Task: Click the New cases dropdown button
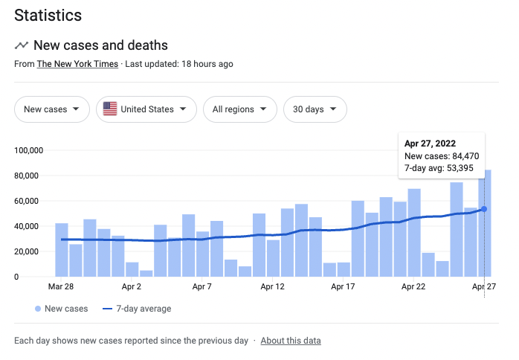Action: (x=51, y=109)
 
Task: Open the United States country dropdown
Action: (x=146, y=109)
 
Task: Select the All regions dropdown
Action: (x=239, y=109)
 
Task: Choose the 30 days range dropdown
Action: (x=315, y=109)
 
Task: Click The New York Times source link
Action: (x=77, y=64)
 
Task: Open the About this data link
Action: (x=291, y=341)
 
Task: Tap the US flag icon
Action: (x=110, y=109)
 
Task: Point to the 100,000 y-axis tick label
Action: (x=29, y=150)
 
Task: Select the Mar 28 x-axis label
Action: (x=61, y=286)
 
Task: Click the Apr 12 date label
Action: (x=273, y=286)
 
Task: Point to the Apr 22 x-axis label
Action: (x=413, y=286)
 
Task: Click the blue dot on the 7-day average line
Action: (x=484, y=209)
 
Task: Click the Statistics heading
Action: (x=48, y=15)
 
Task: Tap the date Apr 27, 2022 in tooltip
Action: (x=430, y=143)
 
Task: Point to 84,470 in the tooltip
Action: (x=462, y=156)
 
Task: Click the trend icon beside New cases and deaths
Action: (x=22, y=46)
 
